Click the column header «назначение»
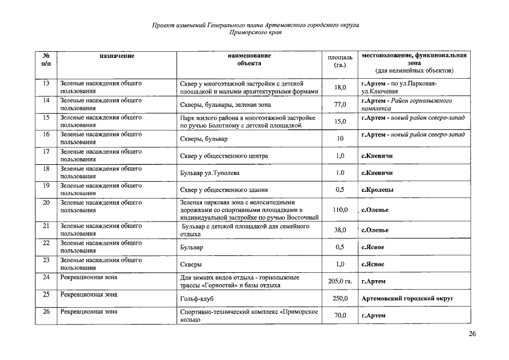pos(117,56)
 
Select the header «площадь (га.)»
pos(340,61)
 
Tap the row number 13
pos(47,83)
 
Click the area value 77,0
pos(340,105)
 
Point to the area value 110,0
pos(340,210)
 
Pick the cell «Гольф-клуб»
pos(196,299)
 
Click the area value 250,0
pos(340,299)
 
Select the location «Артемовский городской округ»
pos(407,299)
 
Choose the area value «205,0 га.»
pos(340,281)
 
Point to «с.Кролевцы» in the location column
pos(377,190)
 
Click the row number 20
pos(47,202)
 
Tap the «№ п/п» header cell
pos(47,60)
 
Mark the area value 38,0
pos(340,230)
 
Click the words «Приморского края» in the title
pos(255,33)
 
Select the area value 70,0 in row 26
pos(340,316)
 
